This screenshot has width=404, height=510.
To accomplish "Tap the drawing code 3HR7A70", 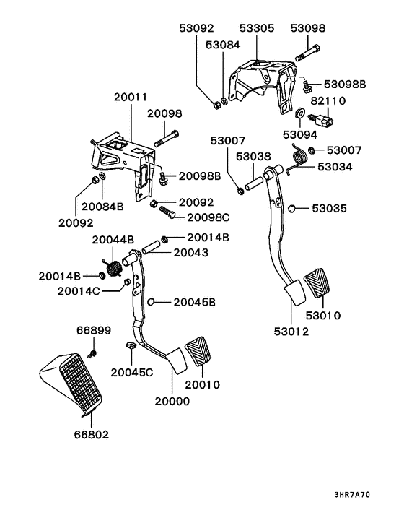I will coord(373,496).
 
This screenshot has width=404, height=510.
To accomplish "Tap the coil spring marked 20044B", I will coord(113,269).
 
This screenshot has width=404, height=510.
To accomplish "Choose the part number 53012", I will coord(290,332).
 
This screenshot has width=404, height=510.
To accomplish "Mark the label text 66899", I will coord(94,331).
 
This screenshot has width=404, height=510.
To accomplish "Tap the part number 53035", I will coord(329,209).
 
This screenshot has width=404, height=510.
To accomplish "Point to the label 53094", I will coord(300,134).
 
